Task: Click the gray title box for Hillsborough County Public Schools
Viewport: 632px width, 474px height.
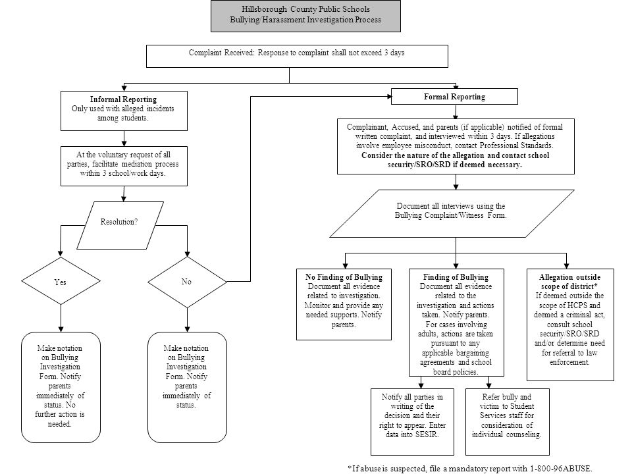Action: [x=305, y=16]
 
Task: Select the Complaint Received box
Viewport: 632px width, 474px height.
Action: [x=297, y=56]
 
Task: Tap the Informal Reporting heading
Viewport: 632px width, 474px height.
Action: [x=123, y=99]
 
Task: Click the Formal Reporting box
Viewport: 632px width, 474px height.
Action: [x=454, y=97]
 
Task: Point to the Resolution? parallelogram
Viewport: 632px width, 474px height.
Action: [x=120, y=225]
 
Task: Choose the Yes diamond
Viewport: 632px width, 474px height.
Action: [x=61, y=281]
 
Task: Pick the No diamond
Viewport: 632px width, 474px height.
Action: [x=187, y=282]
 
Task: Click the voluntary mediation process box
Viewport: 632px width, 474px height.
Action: [x=124, y=166]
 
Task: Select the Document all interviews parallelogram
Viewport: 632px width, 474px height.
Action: [x=452, y=213]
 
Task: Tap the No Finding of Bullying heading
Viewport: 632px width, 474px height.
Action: [x=344, y=277]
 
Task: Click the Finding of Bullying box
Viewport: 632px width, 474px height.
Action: [x=456, y=323]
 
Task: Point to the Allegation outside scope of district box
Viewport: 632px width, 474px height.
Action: [x=570, y=325]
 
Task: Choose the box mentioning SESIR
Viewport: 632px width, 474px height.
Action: [x=412, y=421]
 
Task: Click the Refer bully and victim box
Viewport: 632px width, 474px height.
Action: [x=508, y=421]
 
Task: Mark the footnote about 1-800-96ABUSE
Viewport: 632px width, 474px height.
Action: [x=470, y=468]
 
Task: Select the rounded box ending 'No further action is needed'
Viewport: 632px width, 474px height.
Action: [x=61, y=387]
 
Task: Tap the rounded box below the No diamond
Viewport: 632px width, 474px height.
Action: [x=187, y=387]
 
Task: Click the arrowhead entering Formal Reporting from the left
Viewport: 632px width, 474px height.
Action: [x=389, y=97]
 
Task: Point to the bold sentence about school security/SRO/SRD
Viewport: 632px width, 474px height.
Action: [x=456, y=160]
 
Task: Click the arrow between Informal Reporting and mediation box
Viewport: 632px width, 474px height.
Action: [x=124, y=138]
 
